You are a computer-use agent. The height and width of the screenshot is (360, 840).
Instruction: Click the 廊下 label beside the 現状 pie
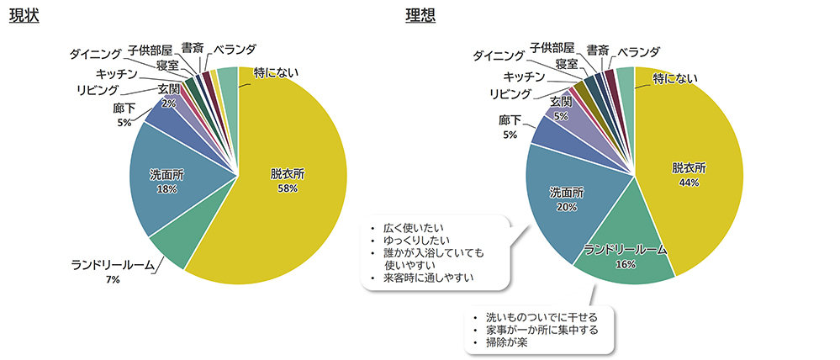[x=124, y=109]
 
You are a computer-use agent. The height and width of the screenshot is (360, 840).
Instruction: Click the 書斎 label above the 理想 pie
[x=597, y=50]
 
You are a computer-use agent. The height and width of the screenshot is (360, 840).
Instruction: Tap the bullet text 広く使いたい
[x=413, y=228]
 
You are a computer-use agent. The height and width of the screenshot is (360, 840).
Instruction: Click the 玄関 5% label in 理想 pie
[x=560, y=107]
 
